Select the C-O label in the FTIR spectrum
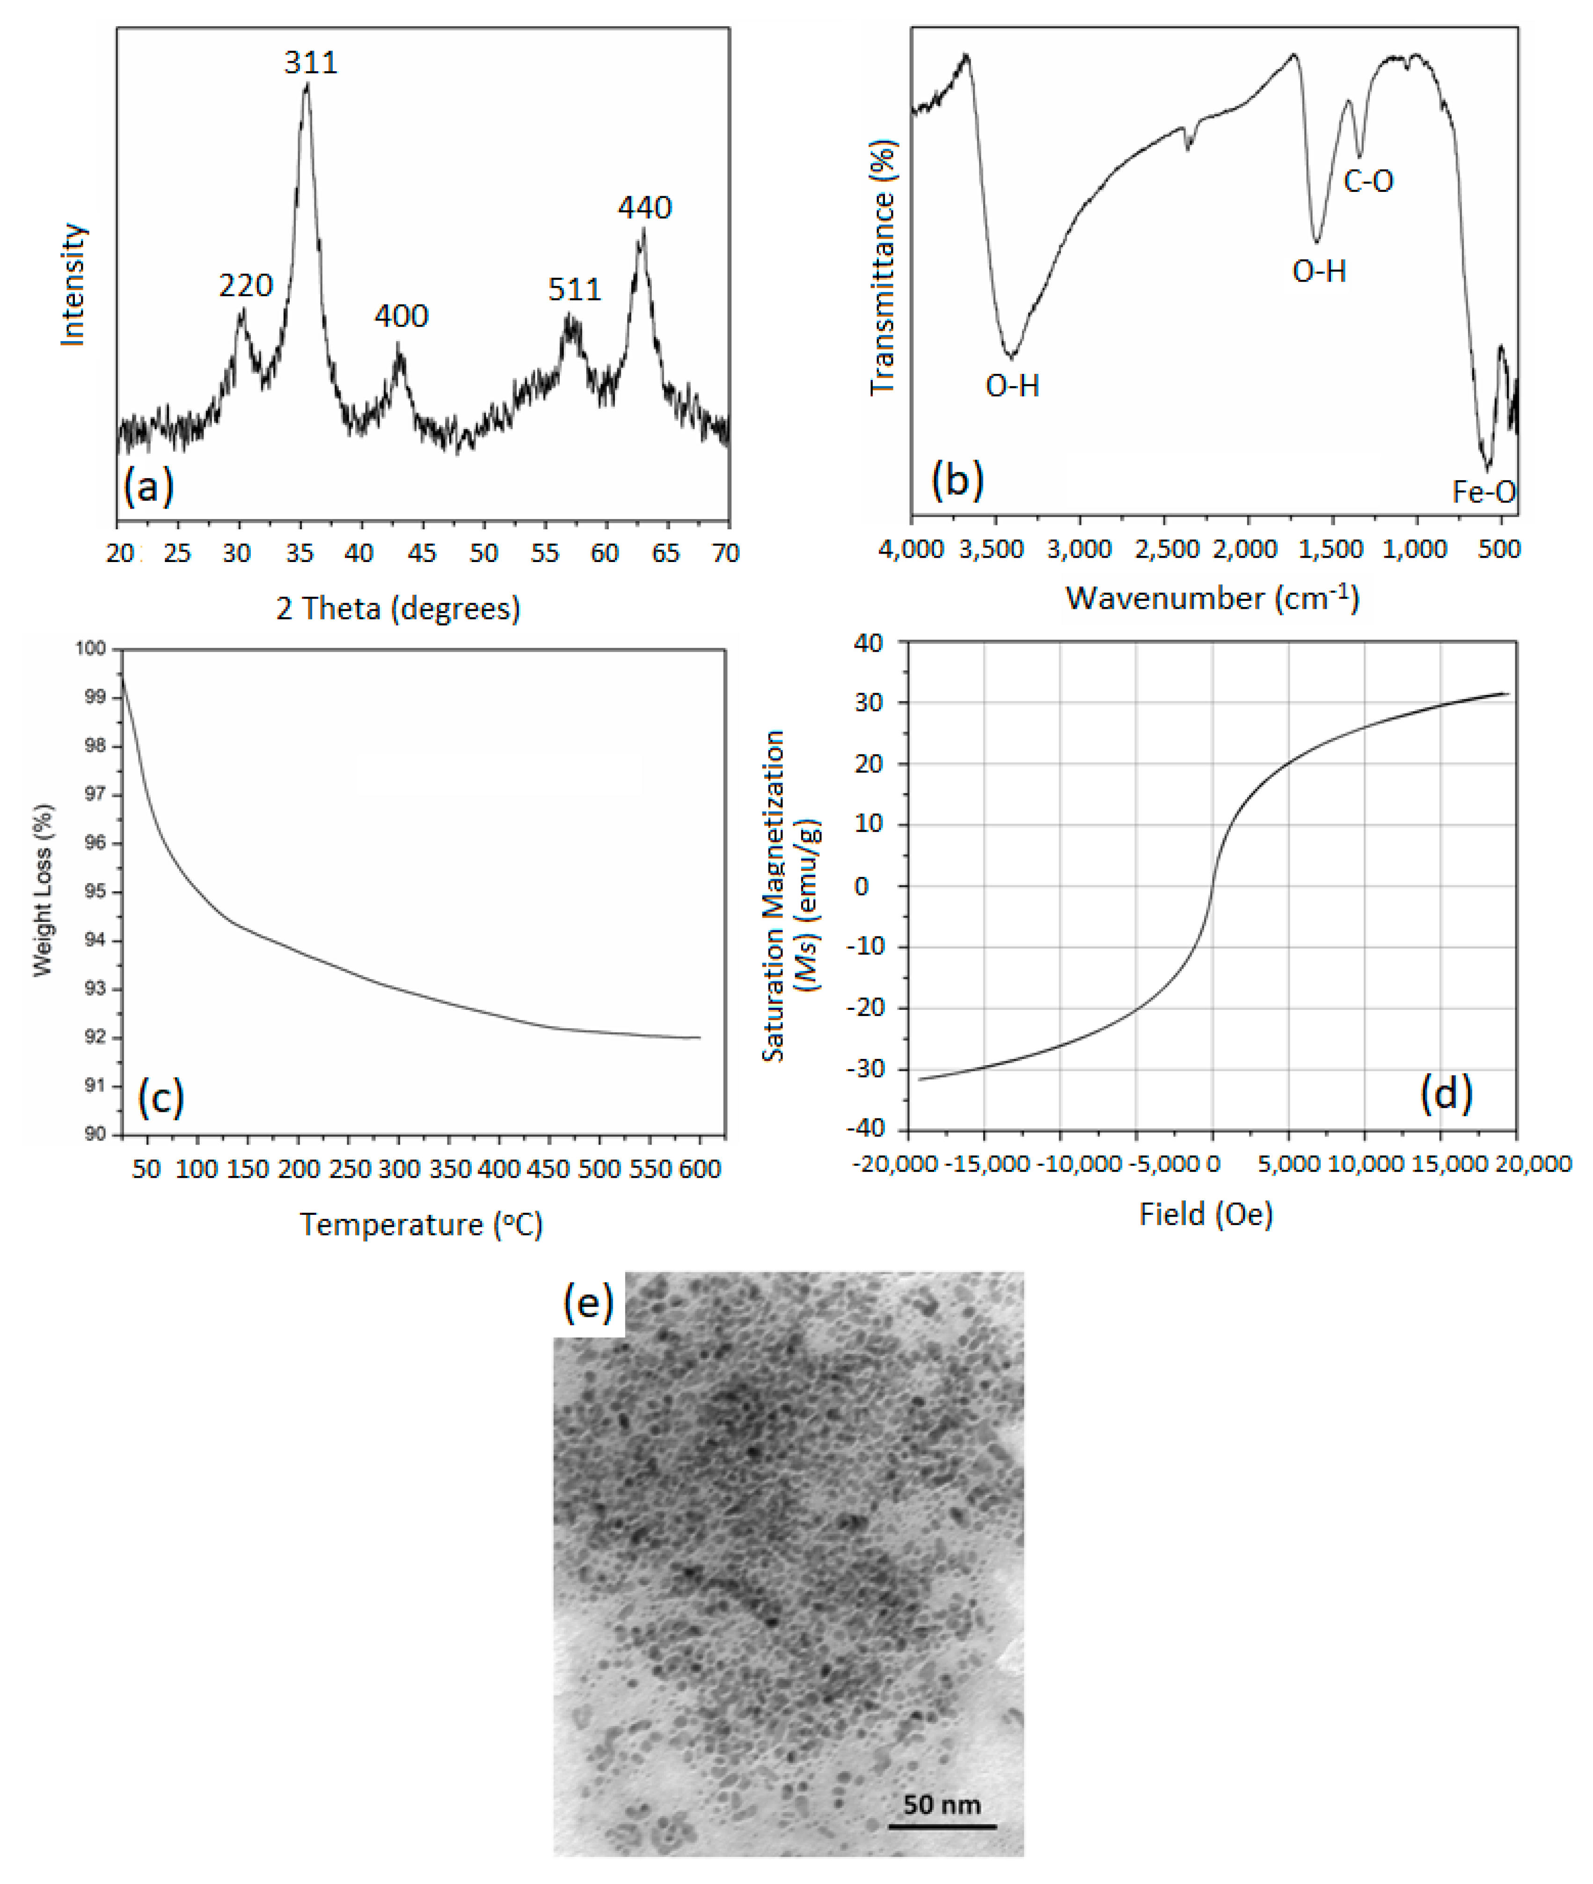(1368, 182)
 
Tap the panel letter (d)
(1446, 1094)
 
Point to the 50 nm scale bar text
(942, 1804)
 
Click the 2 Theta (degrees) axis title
(398, 609)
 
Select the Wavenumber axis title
(1212, 598)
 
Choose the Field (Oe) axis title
(1206, 1214)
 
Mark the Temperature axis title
(421, 1225)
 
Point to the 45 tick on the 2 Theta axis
(422, 553)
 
